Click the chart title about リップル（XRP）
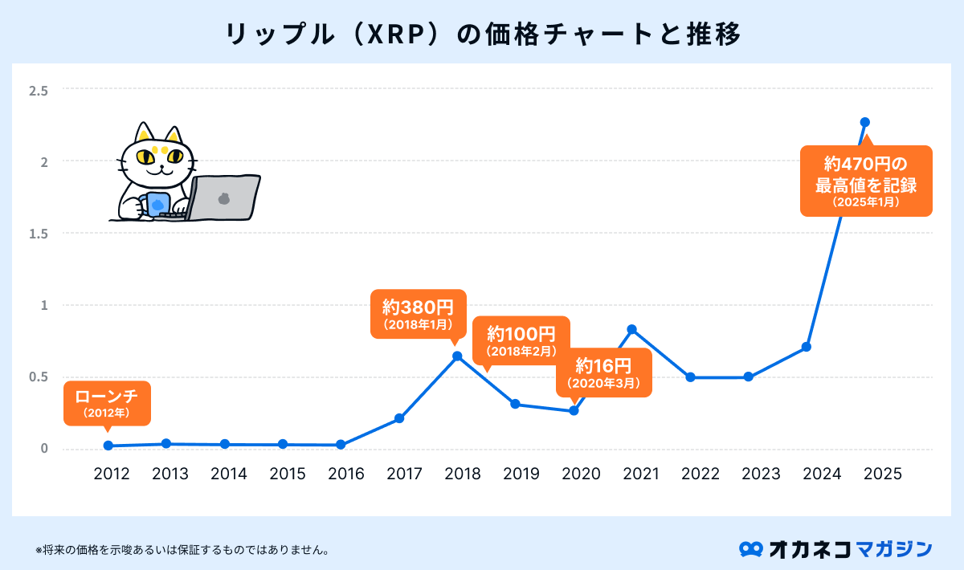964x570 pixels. tap(482, 35)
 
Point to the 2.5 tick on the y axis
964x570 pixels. tap(39, 90)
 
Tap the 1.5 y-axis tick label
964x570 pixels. tap(39, 234)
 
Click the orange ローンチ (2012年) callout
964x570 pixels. tap(106, 403)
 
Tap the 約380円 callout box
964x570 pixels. tap(418, 313)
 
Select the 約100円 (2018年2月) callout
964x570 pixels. tap(521, 340)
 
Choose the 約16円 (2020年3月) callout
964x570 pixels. tap(604, 373)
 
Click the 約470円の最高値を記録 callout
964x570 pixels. tap(866, 181)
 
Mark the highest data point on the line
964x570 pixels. tap(865, 122)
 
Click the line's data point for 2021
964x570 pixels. tap(632, 329)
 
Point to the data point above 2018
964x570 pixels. tap(457, 356)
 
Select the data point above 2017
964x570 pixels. tap(399, 418)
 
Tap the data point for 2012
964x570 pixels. tap(108, 446)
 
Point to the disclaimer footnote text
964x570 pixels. tap(183, 551)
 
